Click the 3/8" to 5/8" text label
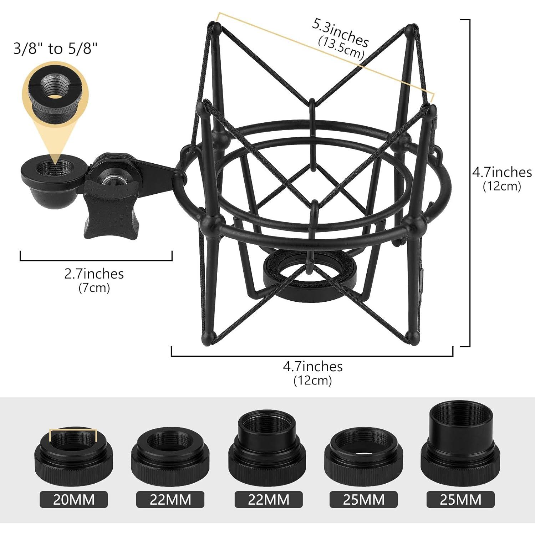[55, 48]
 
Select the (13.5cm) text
[341, 47]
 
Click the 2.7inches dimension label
[94, 274]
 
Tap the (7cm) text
[94, 287]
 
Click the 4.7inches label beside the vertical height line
[502, 172]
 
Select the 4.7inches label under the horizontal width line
[312, 367]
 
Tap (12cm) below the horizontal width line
[312, 381]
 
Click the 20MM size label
[73, 500]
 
